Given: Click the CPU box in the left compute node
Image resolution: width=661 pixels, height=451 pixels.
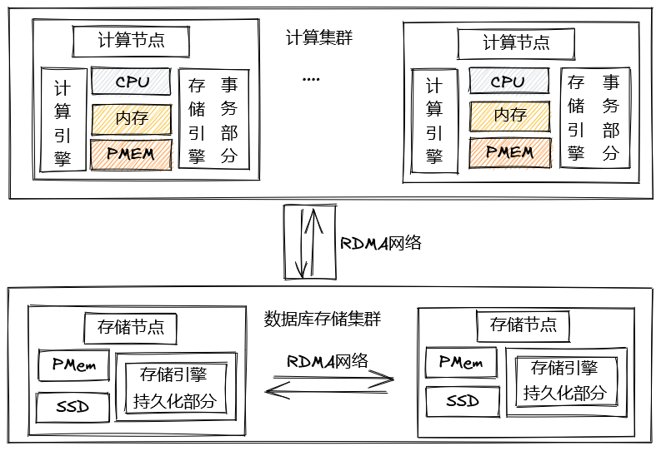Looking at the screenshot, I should point(132,82).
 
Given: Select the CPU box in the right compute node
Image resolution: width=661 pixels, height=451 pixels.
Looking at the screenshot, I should point(508,82).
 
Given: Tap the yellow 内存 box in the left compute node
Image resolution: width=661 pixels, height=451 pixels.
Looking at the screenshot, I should point(132,118).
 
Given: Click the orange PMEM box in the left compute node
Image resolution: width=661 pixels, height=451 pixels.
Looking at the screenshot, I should point(132,154).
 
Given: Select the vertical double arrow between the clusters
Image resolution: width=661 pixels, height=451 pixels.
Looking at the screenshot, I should point(308,242).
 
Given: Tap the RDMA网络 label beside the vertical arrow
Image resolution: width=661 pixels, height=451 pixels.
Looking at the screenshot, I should point(380,243).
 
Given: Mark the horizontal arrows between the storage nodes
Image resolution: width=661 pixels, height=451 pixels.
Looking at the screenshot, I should point(328,382).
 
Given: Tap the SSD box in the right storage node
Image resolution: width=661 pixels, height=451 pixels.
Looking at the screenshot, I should point(462,402).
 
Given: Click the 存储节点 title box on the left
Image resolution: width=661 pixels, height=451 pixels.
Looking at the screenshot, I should point(131,327).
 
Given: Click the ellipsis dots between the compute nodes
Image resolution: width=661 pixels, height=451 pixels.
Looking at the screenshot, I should point(311,80).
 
